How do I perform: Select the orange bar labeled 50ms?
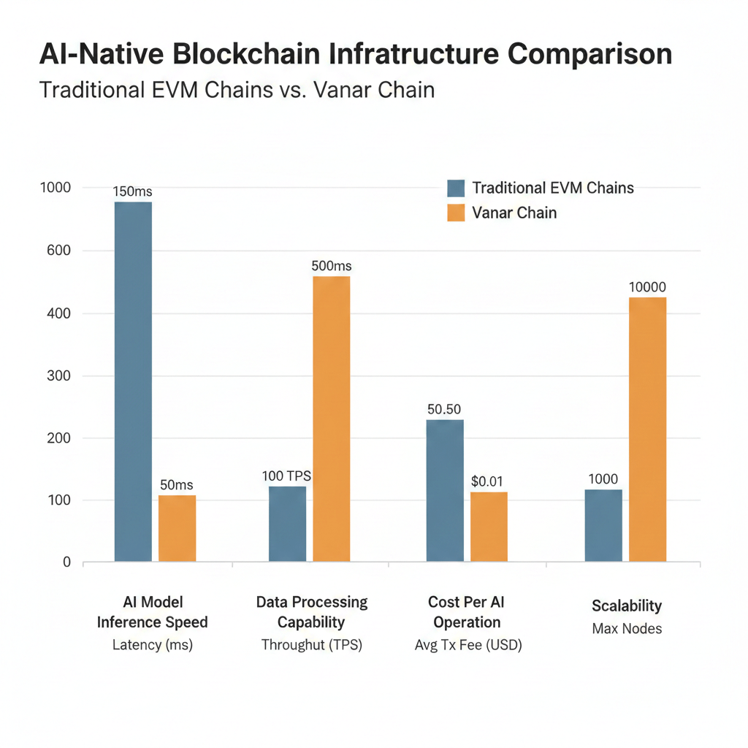click(x=177, y=529)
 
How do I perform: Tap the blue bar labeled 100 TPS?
click(x=287, y=524)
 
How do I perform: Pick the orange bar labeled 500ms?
click(x=331, y=419)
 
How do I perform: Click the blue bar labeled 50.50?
click(x=444, y=490)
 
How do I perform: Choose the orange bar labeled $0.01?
click(x=489, y=527)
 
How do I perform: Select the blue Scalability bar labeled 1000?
click(x=603, y=525)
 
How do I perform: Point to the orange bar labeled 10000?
click(x=647, y=430)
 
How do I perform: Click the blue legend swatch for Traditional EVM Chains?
click(x=455, y=188)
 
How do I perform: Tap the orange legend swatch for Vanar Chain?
click(x=455, y=213)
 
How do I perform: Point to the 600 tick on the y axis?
click(x=56, y=251)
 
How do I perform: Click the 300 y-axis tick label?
click(x=56, y=376)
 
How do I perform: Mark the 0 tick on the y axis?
click(x=66, y=562)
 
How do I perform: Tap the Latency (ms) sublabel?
click(x=153, y=645)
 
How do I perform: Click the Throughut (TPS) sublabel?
click(x=312, y=645)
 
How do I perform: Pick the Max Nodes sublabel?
click(x=627, y=628)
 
